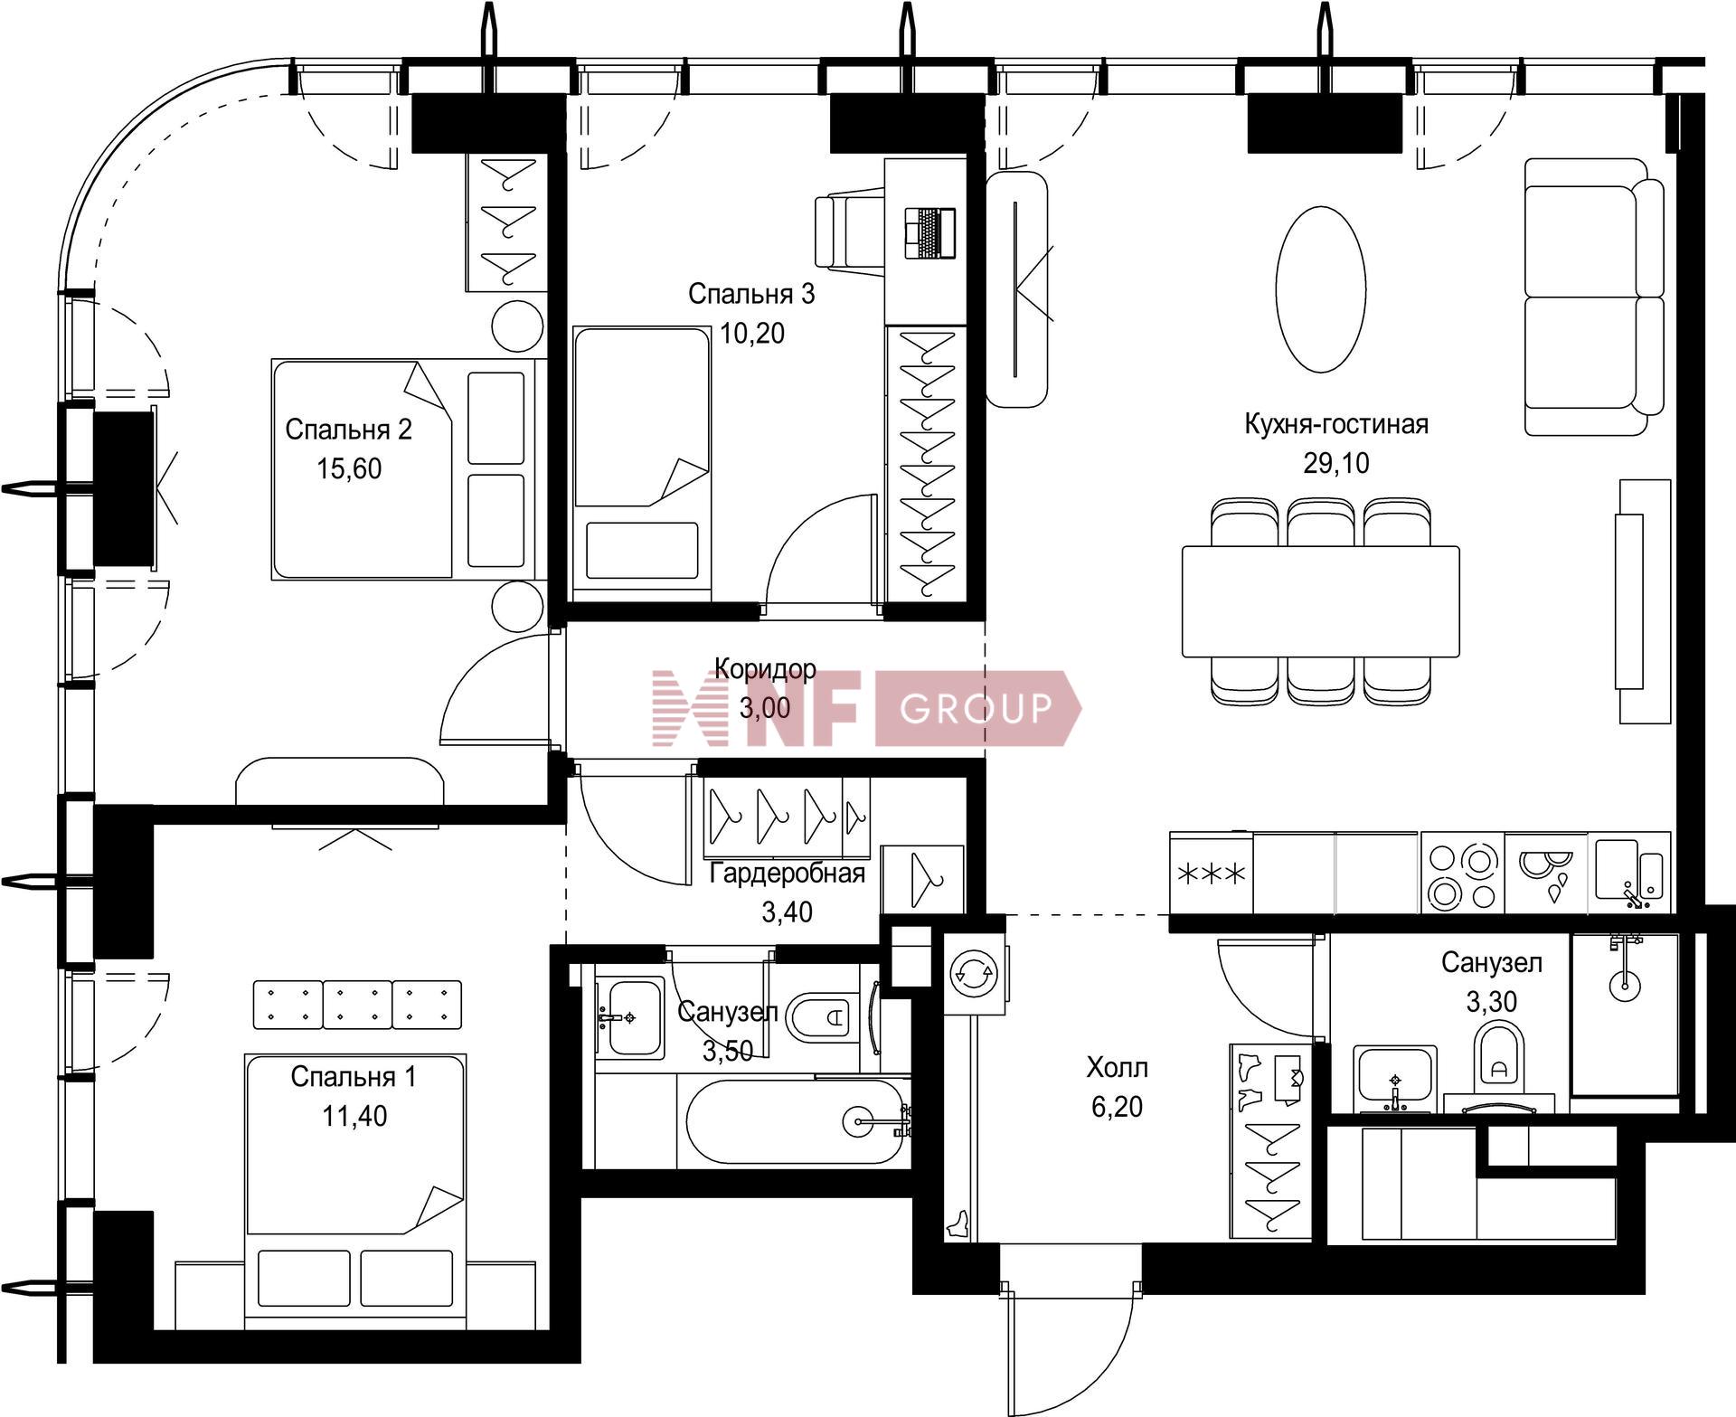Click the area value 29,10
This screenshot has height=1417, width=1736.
tap(1335, 464)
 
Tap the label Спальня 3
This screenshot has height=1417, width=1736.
tap(751, 294)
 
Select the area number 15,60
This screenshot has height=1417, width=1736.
tap(349, 468)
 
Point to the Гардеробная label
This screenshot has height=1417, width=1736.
tap(787, 874)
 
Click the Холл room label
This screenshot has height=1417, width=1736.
tap(1117, 1068)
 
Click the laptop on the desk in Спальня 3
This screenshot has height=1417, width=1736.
tap(930, 233)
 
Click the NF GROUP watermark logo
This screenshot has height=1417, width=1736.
tap(866, 708)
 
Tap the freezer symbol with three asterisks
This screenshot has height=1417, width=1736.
tap(1212, 874)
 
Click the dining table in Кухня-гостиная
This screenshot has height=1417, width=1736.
tap(1321, 601)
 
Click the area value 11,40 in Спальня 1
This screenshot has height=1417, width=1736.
tap(354, 1116)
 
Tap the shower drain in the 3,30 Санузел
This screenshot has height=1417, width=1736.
tap(1624, 981)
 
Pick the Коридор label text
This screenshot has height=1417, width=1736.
tap(765, 668)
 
